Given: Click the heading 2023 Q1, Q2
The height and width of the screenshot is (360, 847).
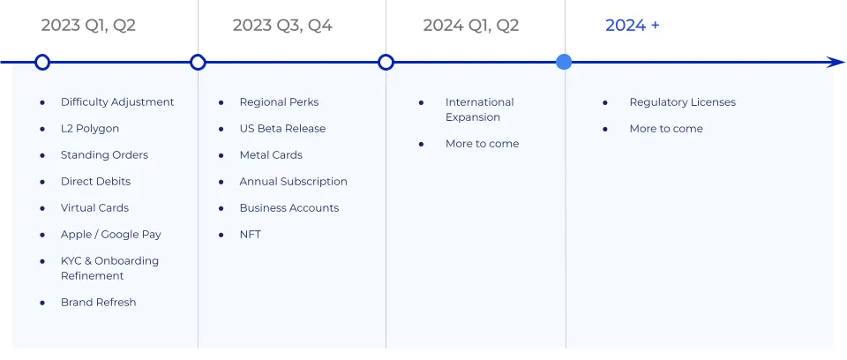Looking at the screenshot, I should (x=88, y=26).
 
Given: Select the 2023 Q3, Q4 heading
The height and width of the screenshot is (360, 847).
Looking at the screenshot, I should (x=282, y=26).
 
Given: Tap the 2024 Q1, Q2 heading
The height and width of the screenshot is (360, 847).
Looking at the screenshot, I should (x=471, y=26).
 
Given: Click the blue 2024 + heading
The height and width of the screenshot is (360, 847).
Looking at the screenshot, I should (x=632, y=26).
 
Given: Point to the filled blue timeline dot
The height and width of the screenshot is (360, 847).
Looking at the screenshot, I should (x=564, y=62).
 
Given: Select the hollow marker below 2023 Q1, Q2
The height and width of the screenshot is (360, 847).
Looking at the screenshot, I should (x=41, y=62).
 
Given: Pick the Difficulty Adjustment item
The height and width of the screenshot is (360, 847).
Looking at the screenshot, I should (x=117, y=102).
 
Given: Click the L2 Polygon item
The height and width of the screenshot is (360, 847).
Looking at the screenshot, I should (x=90, y=129).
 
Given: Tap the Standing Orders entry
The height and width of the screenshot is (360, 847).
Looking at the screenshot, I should (x=104, y=155).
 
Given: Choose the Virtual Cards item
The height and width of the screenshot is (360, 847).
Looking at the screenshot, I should (x=94, y=208).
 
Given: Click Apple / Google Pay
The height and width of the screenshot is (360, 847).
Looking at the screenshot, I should (x=111, y=235).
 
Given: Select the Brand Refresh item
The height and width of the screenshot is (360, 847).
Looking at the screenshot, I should (x=98, y=303).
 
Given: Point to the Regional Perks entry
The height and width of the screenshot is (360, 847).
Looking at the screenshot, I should (x=279, y=102).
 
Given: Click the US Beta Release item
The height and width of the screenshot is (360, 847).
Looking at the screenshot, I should (x=282, y=129).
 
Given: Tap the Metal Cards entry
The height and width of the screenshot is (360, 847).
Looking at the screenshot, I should (x=271, y=155).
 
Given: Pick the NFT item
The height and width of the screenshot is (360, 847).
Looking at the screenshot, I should (x=250, y=235).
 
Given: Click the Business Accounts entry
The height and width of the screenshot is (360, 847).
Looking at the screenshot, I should (x=289, y=208).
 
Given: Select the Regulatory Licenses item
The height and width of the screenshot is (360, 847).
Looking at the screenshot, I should (x=682, y=102).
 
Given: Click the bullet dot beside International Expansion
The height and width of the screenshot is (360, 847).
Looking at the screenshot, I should (x=422, y=102).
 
